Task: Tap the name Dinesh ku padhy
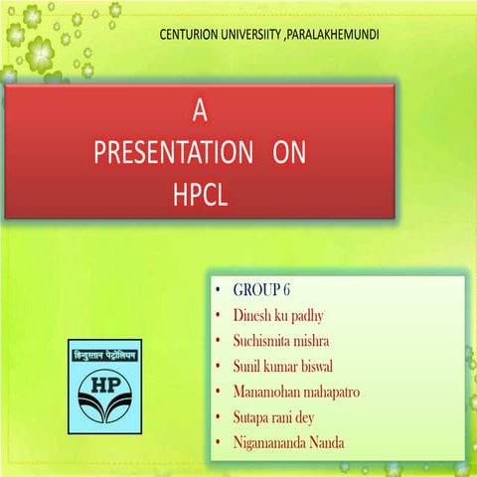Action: (278, 316)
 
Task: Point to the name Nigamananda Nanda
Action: (289, 442)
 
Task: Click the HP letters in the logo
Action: (104, 384)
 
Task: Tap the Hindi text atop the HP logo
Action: (104, 355)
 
